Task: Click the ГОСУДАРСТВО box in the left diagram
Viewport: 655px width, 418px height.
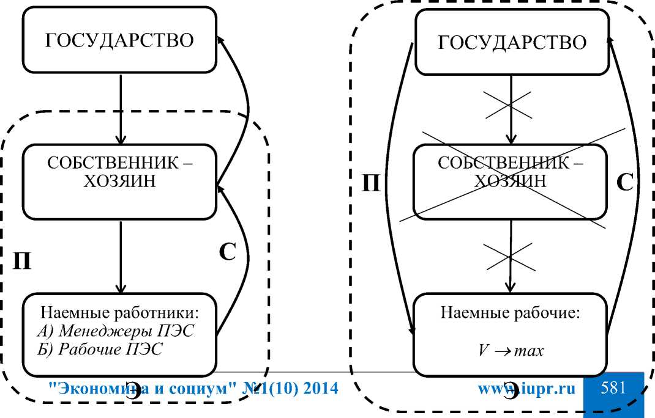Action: tap(120, 41)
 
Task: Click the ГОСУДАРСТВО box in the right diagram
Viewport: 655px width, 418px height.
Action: tap(512, 43)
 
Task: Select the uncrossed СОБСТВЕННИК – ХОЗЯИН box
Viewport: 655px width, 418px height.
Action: tap(120, 174)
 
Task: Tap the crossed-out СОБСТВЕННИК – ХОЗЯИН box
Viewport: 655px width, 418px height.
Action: tap(512, 174)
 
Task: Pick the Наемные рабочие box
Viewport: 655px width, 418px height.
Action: tap(512, 334)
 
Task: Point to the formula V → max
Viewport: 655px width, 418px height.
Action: tap(510, 353)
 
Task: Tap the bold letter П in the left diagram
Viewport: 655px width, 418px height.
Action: tap(22, 260)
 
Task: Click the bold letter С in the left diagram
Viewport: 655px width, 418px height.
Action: tap(227, 252)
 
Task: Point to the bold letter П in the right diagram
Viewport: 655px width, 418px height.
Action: tap(372, 183)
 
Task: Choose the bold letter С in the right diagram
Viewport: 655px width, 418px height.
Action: tap(625, 183)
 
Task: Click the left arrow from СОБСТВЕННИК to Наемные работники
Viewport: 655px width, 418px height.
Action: tap(121, 257)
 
